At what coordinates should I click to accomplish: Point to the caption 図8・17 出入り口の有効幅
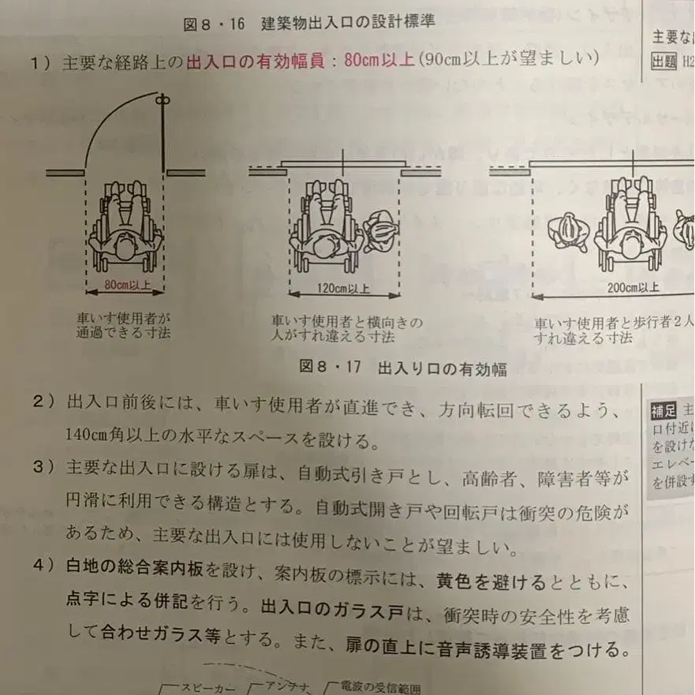(x=403, y=368)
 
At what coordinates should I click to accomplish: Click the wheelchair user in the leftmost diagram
(x=125, y=225)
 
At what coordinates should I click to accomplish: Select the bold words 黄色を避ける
(x=491, y=582)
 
